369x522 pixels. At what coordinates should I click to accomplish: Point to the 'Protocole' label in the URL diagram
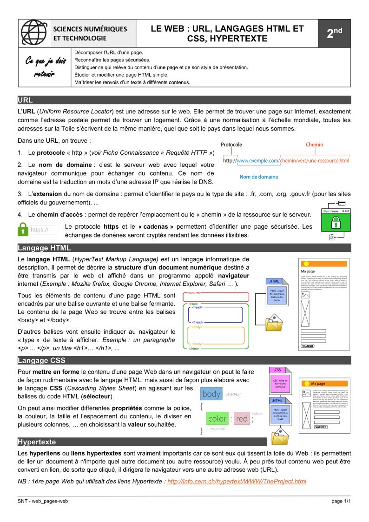point(231,145)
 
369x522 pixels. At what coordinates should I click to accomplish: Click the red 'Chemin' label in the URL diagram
point(314,145)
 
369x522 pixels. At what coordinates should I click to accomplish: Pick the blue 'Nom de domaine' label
point(258,177)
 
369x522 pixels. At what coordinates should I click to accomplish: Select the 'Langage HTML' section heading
point(44,248)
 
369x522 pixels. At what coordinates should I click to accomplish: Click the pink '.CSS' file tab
point(277,370)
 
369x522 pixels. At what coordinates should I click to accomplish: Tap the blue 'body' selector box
point(211,394)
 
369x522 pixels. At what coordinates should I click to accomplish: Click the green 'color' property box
point(217,418)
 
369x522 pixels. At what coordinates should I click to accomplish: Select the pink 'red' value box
point(242,418)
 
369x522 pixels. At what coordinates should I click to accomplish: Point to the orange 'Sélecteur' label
point(233,394)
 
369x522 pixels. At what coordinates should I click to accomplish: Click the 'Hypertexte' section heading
point(37,442)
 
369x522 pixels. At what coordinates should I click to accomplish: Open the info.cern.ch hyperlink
point(237,481)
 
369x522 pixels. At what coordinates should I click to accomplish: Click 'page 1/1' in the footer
point(341,501)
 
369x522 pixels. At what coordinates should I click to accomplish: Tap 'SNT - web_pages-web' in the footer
point(43,501)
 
